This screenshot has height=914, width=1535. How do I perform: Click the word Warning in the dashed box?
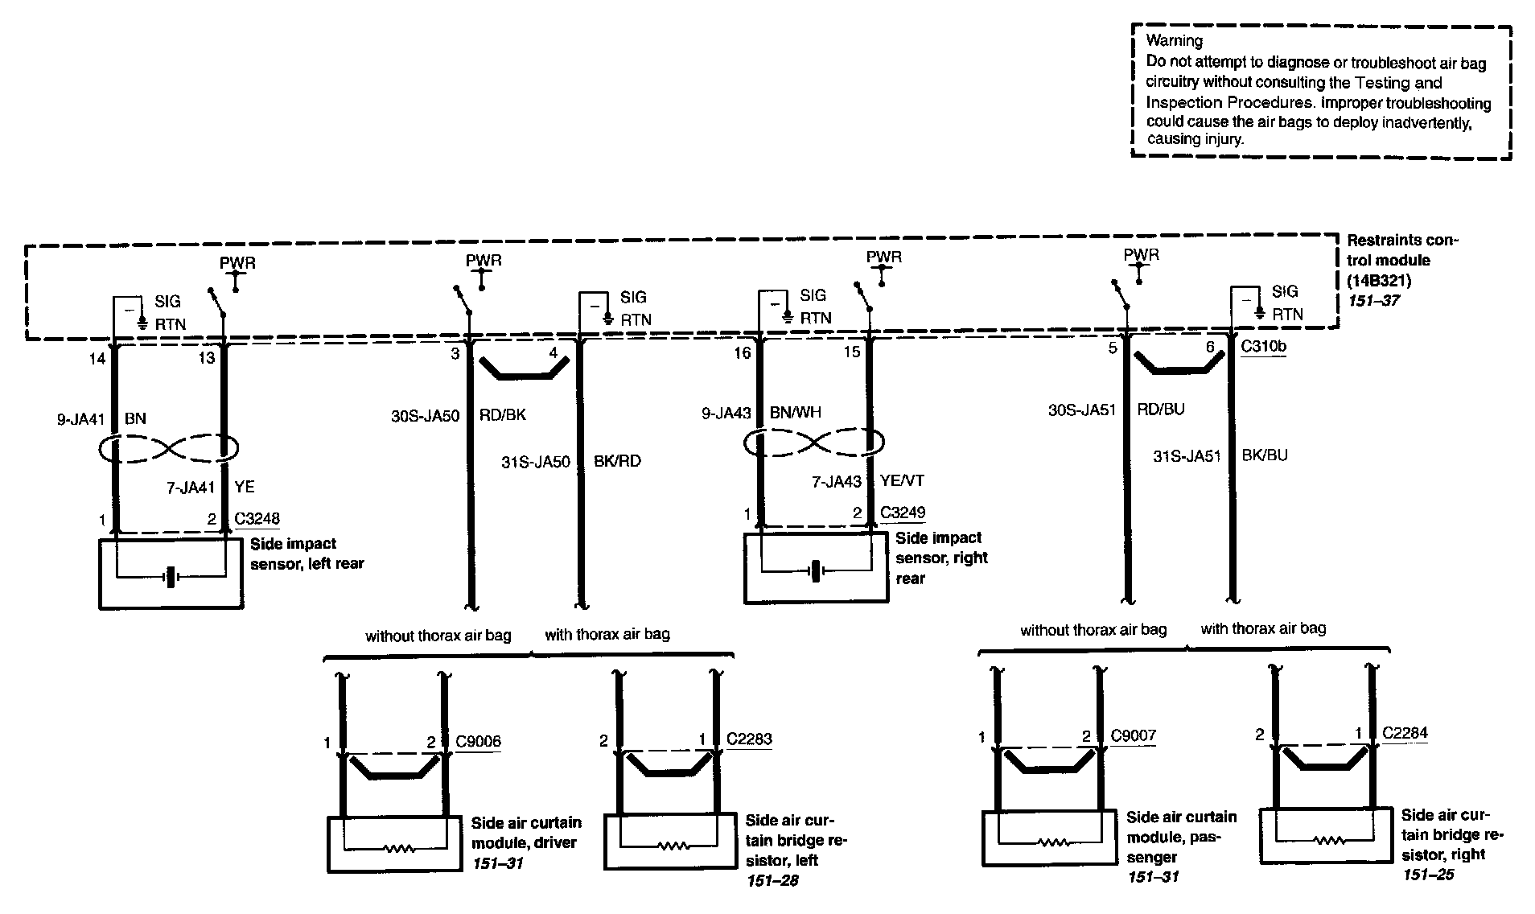pos(1174,40)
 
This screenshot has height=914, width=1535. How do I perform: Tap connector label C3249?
pos(903,513)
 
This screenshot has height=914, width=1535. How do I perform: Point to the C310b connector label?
pos(1263,347)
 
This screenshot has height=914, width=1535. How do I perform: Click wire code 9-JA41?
pos(79,418)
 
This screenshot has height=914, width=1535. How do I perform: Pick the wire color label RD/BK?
pos(503,415)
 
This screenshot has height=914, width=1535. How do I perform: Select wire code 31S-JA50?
pos(535,462)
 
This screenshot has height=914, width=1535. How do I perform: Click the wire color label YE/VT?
pos(902,481)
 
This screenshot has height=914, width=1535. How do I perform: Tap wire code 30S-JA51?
pos(1082,410)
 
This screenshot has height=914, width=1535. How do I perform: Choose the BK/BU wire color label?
pos(1265,455)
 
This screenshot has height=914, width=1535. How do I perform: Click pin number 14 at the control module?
pos(97,359)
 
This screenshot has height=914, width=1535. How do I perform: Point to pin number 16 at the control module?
pos(742,352)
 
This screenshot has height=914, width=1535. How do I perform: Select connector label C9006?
pos(478,741)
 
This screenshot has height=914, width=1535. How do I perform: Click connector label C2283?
pos(748,739)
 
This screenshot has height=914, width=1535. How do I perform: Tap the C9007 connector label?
pos(1133,735)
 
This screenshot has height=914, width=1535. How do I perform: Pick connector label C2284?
pos(1405,733)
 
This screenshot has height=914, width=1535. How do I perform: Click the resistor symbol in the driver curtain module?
pos(397,848)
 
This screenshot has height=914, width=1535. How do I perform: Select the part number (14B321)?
pos(1379,280)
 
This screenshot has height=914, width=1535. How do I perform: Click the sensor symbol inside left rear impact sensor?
pos(170,577)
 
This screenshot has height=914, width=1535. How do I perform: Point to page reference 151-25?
pos(1428,875)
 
